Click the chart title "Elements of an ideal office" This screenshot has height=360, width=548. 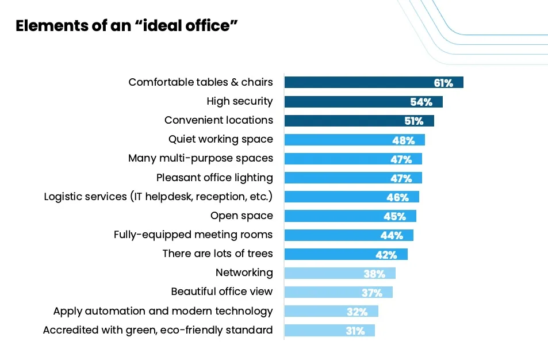pyautogui.click(x=127, y=26)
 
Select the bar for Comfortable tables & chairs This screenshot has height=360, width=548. pyautogui.click(x=357, y=82)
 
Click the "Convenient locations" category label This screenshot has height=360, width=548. pyautogui.click(x=219, y=120)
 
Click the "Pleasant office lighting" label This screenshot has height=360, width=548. pyautogui.click(x=214, y=178)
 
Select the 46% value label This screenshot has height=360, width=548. pyautogui.click(x=397, y=197)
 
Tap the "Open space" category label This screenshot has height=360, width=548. pyautogui.click(x=242, y=216)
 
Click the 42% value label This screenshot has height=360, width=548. pyautogui.click(x=386, y=254)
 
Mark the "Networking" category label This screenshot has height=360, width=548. pyautogui.click(x=244, y=273)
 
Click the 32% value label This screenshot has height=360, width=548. pyautogui.click(x=357, y=312)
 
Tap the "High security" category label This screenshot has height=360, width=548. pyautogui.click(x=240, y=101)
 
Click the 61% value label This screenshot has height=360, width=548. pyautogui.click(x=443, y=83)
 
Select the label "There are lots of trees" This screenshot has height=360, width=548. pyautogui.click(x=217, y=254)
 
